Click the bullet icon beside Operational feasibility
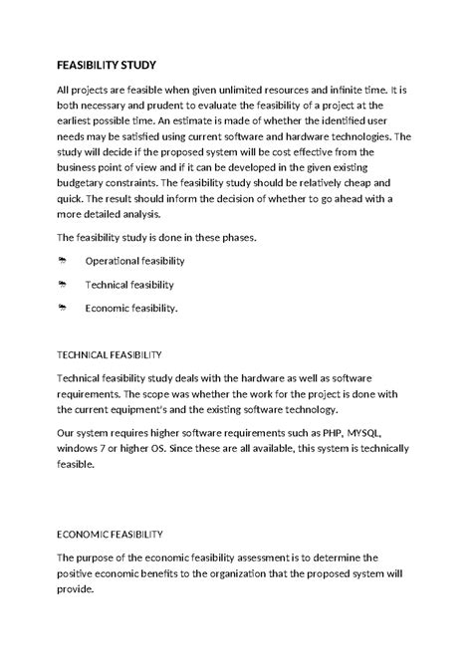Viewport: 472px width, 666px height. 62,261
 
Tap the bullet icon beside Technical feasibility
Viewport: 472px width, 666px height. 62,285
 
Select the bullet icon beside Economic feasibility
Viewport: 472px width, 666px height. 62,309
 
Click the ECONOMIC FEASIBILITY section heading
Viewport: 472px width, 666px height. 116,534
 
